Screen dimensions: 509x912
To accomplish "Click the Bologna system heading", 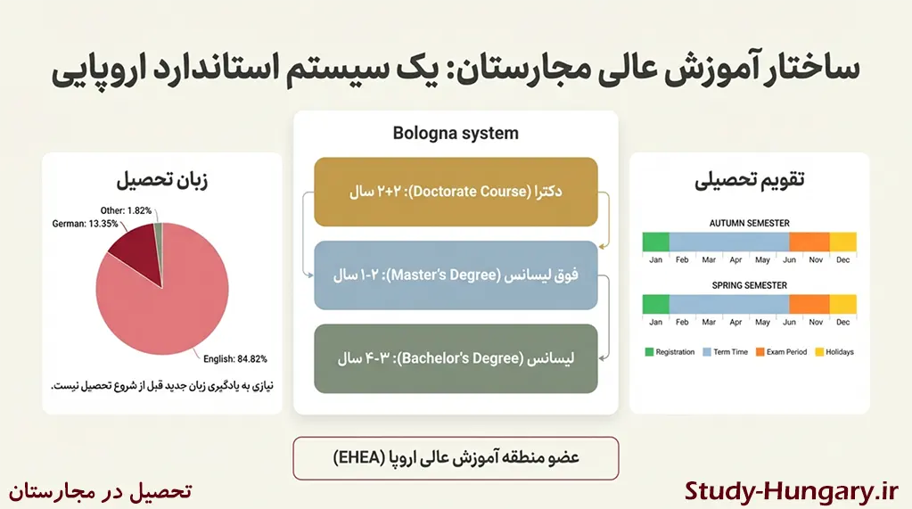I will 456,134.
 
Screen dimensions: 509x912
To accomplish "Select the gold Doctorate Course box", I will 456,192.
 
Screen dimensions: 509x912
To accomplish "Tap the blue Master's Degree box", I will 456,275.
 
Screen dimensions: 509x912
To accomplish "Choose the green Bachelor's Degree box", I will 456,358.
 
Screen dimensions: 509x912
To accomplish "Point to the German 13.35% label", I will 85,224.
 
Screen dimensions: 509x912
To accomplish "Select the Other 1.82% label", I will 126,210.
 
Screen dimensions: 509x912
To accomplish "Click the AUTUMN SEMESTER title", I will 749,223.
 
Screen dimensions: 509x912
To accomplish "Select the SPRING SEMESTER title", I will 749,285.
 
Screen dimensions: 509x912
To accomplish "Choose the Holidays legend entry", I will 834,352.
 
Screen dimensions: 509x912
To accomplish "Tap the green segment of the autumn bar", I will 655,242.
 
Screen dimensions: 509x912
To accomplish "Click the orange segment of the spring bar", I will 809,304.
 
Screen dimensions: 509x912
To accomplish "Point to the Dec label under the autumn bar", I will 842,259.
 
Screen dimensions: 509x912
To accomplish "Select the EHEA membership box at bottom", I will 456,458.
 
